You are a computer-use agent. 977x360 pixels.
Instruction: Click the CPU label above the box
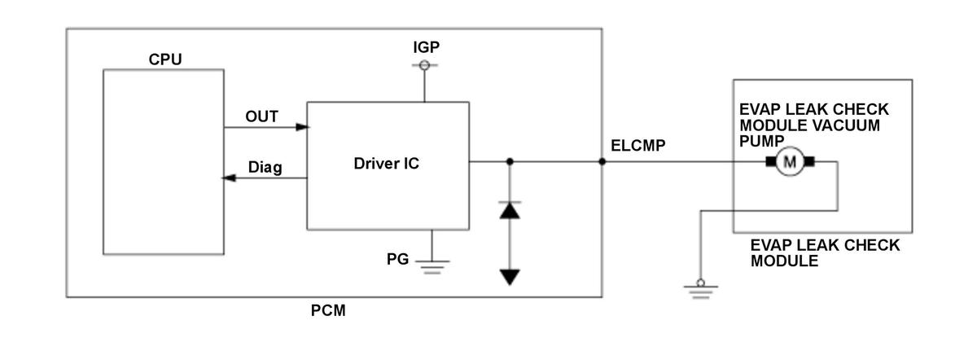click(164, 59)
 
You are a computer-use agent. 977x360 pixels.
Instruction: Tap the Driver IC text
click(386, 164)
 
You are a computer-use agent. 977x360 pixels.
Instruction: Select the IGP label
click(426, 47)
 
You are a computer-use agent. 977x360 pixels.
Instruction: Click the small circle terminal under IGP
click(424, 65)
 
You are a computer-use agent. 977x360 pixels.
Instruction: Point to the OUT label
click(261, 116)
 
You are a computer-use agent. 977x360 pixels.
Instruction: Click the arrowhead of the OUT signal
click(303, 127)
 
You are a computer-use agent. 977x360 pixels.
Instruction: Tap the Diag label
click(265, 167)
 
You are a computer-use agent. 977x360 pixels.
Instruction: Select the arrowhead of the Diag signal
click(229, 178)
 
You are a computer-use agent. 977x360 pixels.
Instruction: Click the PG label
click(397, 259)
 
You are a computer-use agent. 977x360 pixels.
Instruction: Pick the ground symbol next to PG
click(432, 266)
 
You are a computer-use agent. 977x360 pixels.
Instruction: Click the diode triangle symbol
click(510, 210)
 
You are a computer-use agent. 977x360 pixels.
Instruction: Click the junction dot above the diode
click(510, 162)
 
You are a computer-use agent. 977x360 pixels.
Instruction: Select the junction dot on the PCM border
click(602, 162)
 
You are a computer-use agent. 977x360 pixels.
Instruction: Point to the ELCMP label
click(637, 146)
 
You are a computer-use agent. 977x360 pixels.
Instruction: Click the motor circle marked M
click(790, 162)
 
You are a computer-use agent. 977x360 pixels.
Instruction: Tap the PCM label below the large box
click(328, 310)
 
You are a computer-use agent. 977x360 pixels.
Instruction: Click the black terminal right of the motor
click(809, 162)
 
